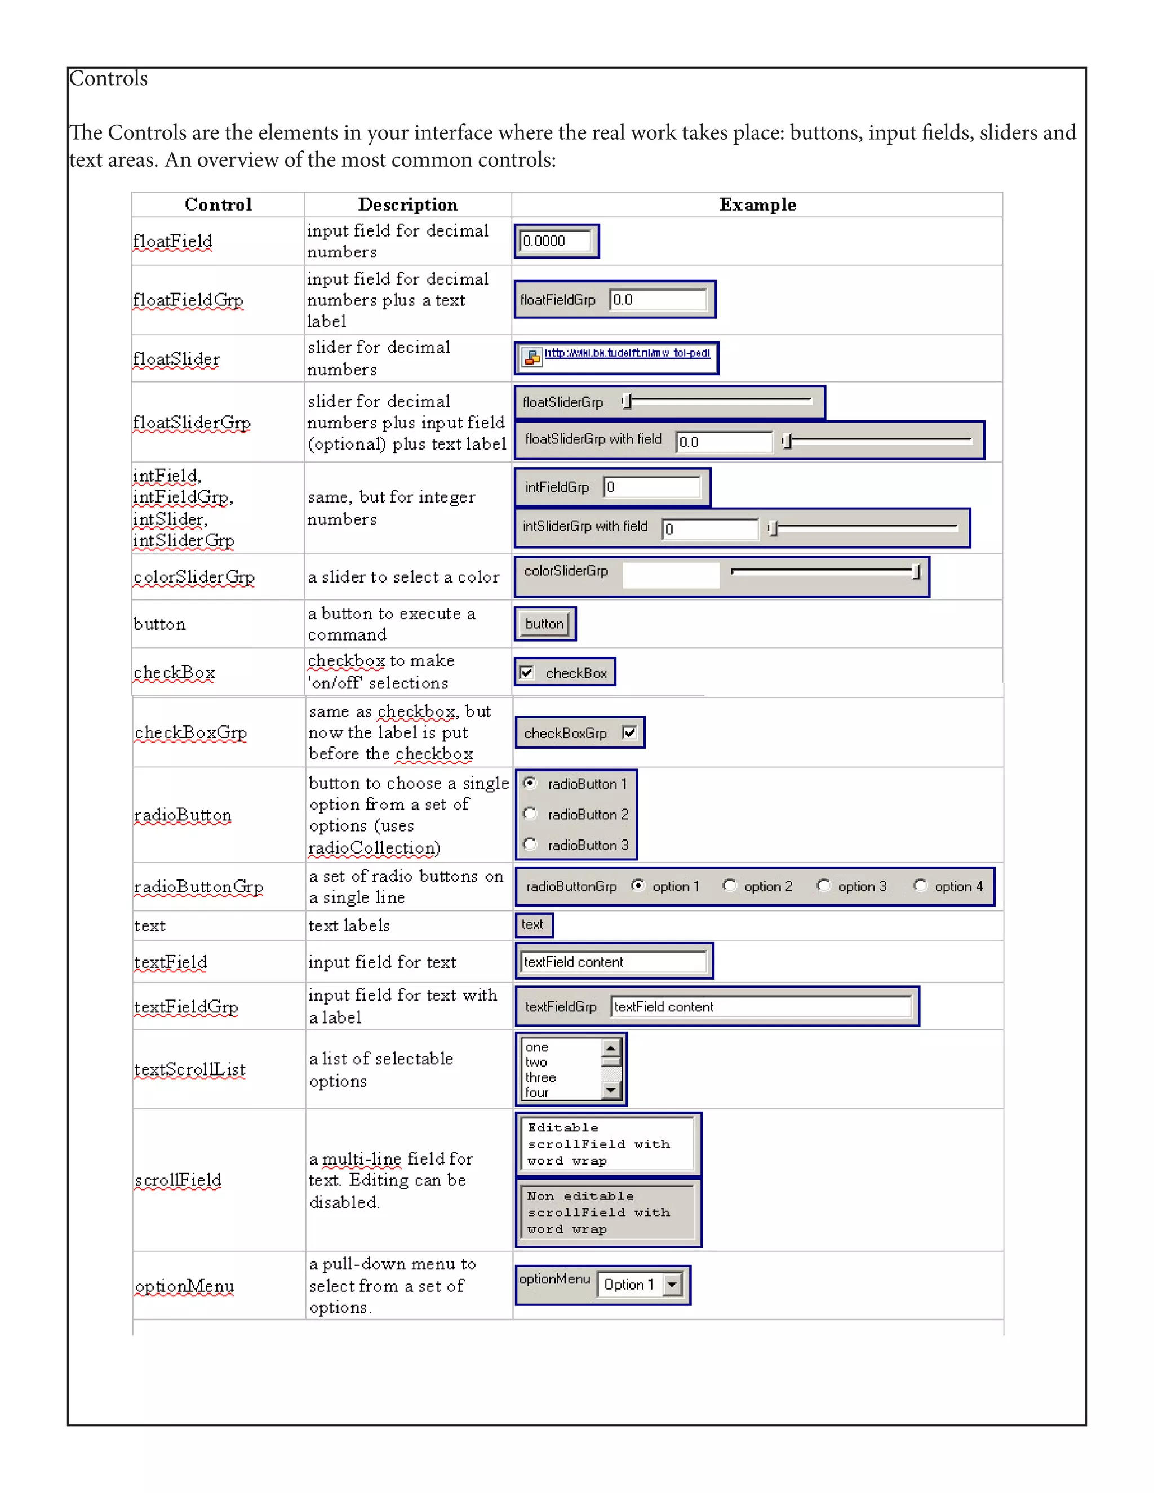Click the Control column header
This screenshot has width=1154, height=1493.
click(218, 205)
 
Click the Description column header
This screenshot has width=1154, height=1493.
click(407, 205)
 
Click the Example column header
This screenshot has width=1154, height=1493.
click(757, 205)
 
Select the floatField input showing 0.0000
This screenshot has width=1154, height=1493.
click(554, 241)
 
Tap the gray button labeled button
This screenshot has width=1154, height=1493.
click(544, 624)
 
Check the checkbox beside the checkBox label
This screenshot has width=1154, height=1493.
click(526, 673)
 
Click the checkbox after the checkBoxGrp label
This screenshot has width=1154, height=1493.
click(629, 733)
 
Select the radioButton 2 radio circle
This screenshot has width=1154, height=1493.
click(530, 814)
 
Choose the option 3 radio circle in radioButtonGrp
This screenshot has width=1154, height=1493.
click(823, 886)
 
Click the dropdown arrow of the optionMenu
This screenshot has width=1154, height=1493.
click(673, 1285)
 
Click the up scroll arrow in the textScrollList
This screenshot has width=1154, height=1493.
click(611, 1047)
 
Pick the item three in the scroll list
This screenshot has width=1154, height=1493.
click(541, 1077)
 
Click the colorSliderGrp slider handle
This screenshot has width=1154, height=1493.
click(916, 571)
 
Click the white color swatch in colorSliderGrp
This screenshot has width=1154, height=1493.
click(671, 575)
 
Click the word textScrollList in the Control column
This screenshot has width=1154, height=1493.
click(189, 1069)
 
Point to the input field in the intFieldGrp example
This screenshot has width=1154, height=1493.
click(652, 487)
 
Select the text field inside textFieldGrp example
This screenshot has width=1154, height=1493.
click(760, 1006)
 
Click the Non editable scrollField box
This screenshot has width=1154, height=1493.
click(607, 1212)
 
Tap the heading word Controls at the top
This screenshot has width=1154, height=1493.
click(108, 79)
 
